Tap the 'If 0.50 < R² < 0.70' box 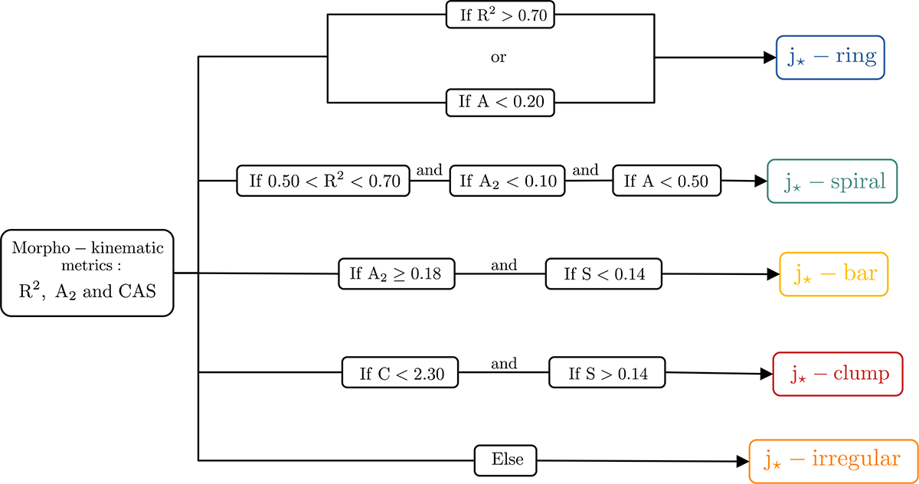coord(323,181)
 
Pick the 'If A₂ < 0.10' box coord(507,181)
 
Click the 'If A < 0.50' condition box coord(666,181)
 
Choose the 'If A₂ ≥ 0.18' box coord(397,274)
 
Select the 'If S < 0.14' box coord(603,274)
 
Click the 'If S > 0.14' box coord(608,374)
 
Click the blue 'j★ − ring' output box coord(830,58)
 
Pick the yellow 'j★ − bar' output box coord(833,274)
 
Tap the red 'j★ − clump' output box coord(838,374)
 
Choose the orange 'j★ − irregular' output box coord(832,460)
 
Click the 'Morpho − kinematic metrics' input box coord(87,273)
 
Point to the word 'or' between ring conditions coord(498,57)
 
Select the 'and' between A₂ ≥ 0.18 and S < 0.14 coord(503,265)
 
